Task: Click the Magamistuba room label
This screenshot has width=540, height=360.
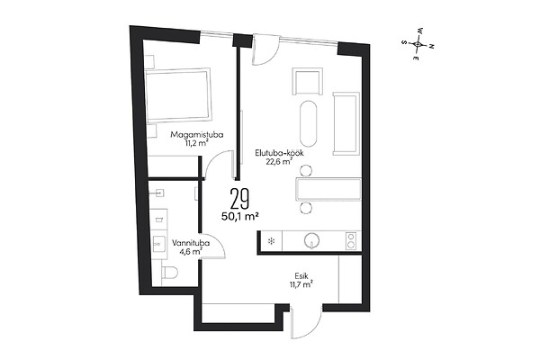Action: pyautogui.click(x=196, y=134)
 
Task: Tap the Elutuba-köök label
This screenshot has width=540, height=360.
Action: pyautogui.click(x=279, y=153)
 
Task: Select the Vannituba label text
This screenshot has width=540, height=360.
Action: pyautogui.click(x=191, y=243)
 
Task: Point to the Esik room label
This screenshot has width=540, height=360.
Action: pyautogui.click(x=301, y=276)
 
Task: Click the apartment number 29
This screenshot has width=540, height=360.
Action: pyautogui.click(x=239, y=199)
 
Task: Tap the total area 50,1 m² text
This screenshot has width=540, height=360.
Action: pyautogui.click(x=240, y=216)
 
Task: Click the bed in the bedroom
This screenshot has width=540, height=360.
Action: pyautogui.click(x=177, y=95)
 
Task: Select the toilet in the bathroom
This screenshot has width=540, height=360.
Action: pyautogui.click(x=169, y=273)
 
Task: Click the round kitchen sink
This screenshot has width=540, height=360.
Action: pyautogui.click(x=311, y=240)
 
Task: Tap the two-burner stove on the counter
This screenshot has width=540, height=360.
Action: pyautogui.click(x=351, y=241)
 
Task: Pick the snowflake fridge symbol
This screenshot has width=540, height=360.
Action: pyautogui.click(x=271, y=241)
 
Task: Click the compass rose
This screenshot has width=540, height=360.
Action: pyautogui.click(x=418, y=44)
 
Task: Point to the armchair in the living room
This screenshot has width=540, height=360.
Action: pyautogui.click(x=308, y=81)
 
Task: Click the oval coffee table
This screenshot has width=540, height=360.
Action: pyautogui.click(x=308, y=124)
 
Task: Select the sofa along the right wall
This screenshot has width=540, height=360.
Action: pyautogui.click(x=346, y=123)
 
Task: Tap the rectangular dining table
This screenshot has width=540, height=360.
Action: pyautogui.click(x=328, y=189)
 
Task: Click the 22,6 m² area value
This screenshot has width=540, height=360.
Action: pyautogui.click(x=279, y=161)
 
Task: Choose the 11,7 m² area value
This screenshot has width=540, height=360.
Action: pyautogui.click(x=301, y=284)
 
